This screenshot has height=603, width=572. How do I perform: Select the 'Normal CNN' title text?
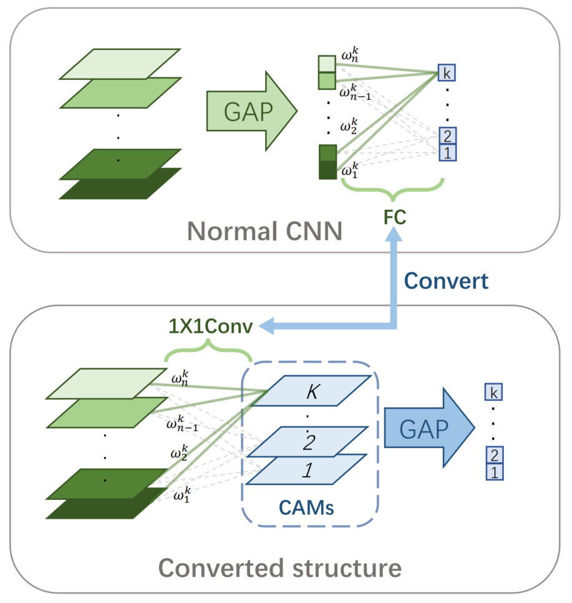click(x=265, y=232)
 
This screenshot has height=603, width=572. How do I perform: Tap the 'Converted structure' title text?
click(x=279, y=568)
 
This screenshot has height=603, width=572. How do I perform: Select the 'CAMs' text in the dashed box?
click(x=309, y=507)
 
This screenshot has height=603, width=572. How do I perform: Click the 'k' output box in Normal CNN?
click(x=447, y=73)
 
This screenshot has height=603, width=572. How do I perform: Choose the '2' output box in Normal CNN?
click(x=447, y=135)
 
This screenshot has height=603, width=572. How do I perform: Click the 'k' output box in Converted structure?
click(x=493, y=393)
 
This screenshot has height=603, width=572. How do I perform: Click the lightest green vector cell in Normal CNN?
click(x=327, y=64)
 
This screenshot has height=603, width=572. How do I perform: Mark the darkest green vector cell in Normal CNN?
click(x=327, y=170)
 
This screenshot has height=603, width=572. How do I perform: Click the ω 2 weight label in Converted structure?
click(x=180, y=452)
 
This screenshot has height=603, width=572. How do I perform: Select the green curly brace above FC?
click(x=392, y=187)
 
